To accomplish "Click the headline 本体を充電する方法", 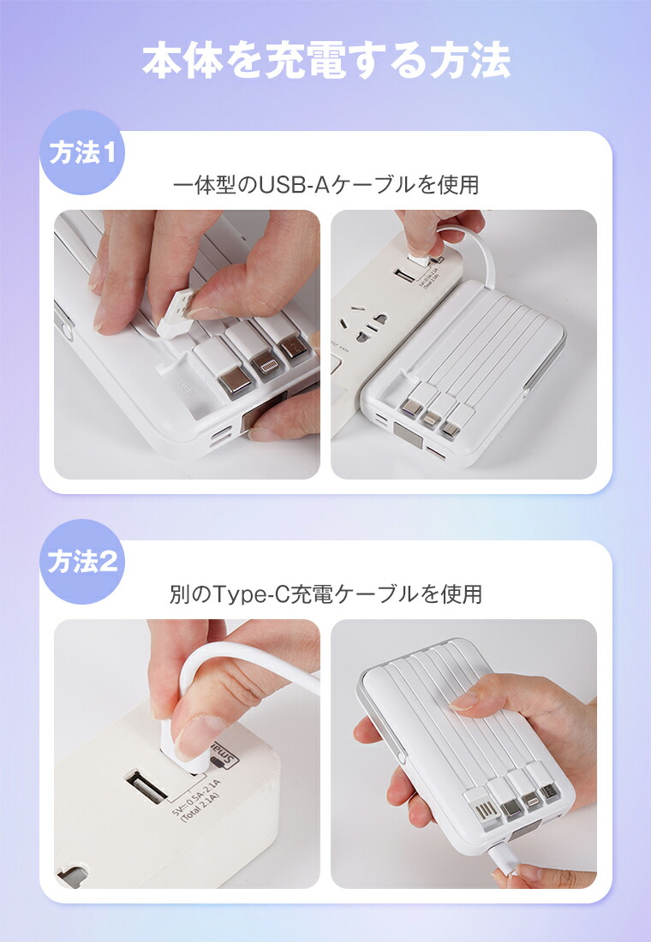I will pyautogui.click(x=325, y=62).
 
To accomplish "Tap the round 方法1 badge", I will pyautogui.click(x=82, y=154).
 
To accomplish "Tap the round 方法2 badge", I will pyautogui.click(x=82, y=563).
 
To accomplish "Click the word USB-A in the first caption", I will pyautogui.click(x=290, y=184).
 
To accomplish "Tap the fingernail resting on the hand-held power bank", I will pyautogui.click(x=464, y=701).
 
